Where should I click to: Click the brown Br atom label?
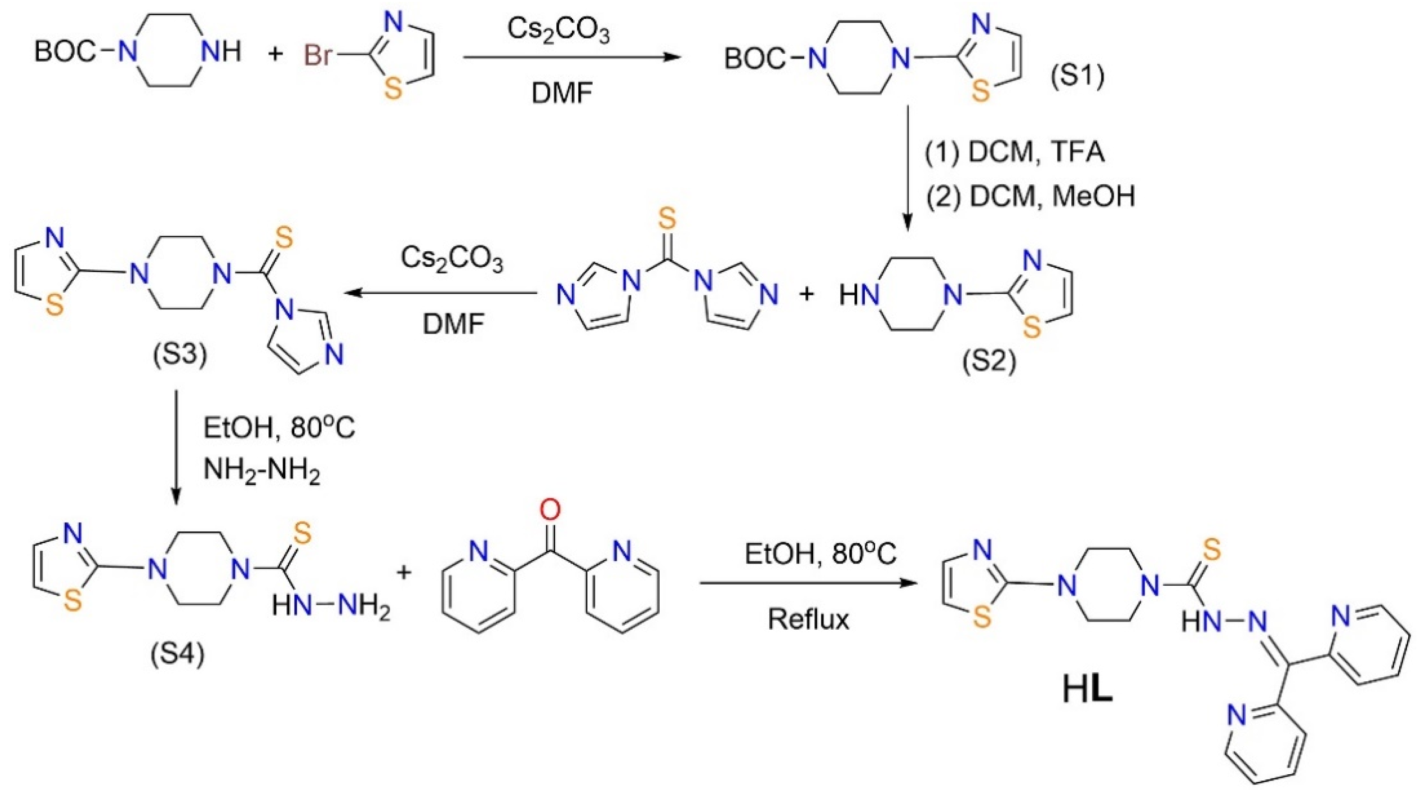pos(319,56)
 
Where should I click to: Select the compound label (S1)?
pos(1077,77)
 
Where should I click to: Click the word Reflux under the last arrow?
pos(808,619)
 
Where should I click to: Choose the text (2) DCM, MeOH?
pos(1030,196)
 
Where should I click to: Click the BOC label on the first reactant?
pos(65,52)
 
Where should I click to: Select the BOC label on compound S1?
pos(754,59)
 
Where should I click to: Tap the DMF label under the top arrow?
pos(561,93)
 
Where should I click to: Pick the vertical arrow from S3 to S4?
pos(176,447)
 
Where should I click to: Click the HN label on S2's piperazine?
pos(858,296)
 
